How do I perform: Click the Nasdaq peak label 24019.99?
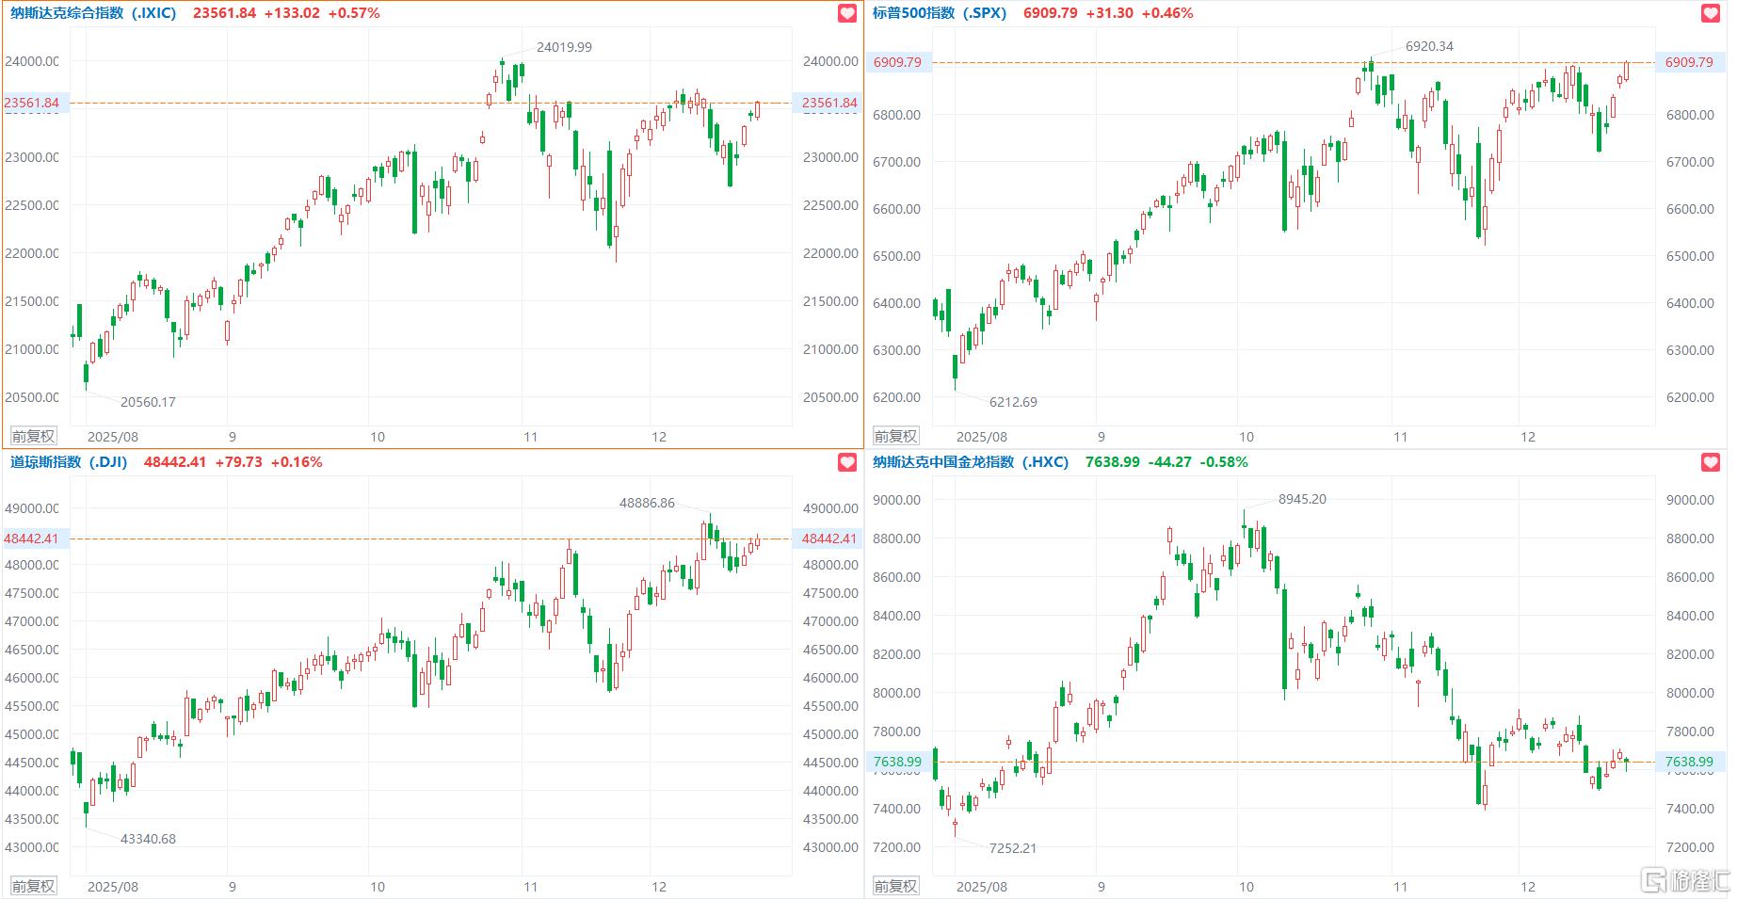click(x=564, y=47)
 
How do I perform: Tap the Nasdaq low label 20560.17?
click(x=148, y=402)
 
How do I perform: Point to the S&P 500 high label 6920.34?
click(x=1429, y=46)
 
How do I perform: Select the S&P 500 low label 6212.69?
click(x=1013, y=402)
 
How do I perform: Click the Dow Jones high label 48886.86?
click(x=647, y=503)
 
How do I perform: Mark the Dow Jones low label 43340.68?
click(x=148, y=839)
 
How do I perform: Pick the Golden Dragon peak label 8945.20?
click(x=1302, y=499)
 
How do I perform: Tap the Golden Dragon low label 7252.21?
click(x=1013, y=848)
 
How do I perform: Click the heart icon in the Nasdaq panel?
click(x=847, y=13)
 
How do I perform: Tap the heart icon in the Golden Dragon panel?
click(x=1711, y=462)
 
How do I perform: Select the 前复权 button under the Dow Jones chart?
click(x=33, y=886)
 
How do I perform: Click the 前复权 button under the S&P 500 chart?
click(x=895, y=436)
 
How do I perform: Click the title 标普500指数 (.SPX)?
click(x=940, y=13)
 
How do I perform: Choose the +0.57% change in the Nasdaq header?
click(x=354, y=13)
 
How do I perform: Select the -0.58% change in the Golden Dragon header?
click(x=1224, y=462)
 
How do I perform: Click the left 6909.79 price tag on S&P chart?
click(x=897, y=62)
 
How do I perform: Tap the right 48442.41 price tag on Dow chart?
click(x=829, y=538)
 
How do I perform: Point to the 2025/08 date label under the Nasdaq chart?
click(x=113, y=437)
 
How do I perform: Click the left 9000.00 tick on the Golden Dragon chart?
click(x=896, y=500)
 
